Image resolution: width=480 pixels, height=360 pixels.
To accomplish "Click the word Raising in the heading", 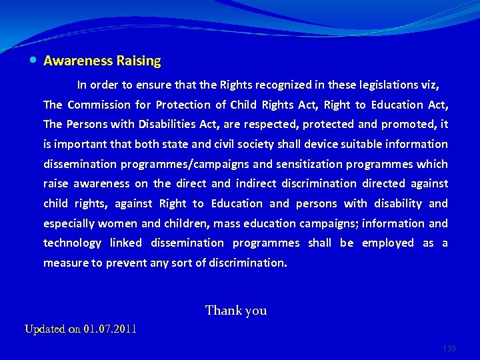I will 139,61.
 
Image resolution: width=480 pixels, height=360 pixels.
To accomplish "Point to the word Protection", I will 182,105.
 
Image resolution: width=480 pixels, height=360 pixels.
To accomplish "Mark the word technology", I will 72,243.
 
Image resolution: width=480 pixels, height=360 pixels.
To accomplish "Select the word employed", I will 388,243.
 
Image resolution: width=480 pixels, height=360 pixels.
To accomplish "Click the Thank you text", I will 236,310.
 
